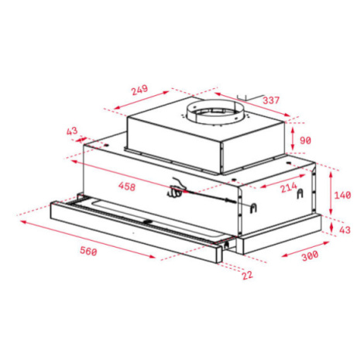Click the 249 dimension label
139,90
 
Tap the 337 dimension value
271,100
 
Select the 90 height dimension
305,140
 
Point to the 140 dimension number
342,195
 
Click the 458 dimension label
127,186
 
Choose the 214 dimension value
288,187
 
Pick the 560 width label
88,251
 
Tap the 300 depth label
310,256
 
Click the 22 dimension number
247,275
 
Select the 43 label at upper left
72,131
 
